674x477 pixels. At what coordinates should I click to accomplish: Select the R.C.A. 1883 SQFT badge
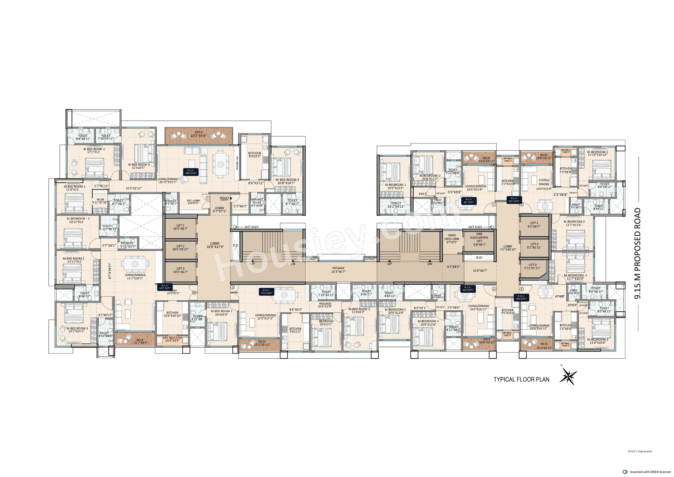pos(191,172)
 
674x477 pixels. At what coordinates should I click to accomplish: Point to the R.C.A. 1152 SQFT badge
pos(266,291)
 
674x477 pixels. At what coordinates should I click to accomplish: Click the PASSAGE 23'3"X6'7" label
pos(338,270)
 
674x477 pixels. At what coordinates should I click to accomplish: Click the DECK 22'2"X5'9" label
pos(199,134)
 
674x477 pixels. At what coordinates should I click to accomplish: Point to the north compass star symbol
pos(569,376)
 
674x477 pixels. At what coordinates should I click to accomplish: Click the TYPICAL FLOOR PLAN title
pos(521,379)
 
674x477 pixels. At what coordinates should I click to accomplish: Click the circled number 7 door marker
pos(207,198)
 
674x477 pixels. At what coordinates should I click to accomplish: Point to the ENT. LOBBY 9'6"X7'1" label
pos(193,202)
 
